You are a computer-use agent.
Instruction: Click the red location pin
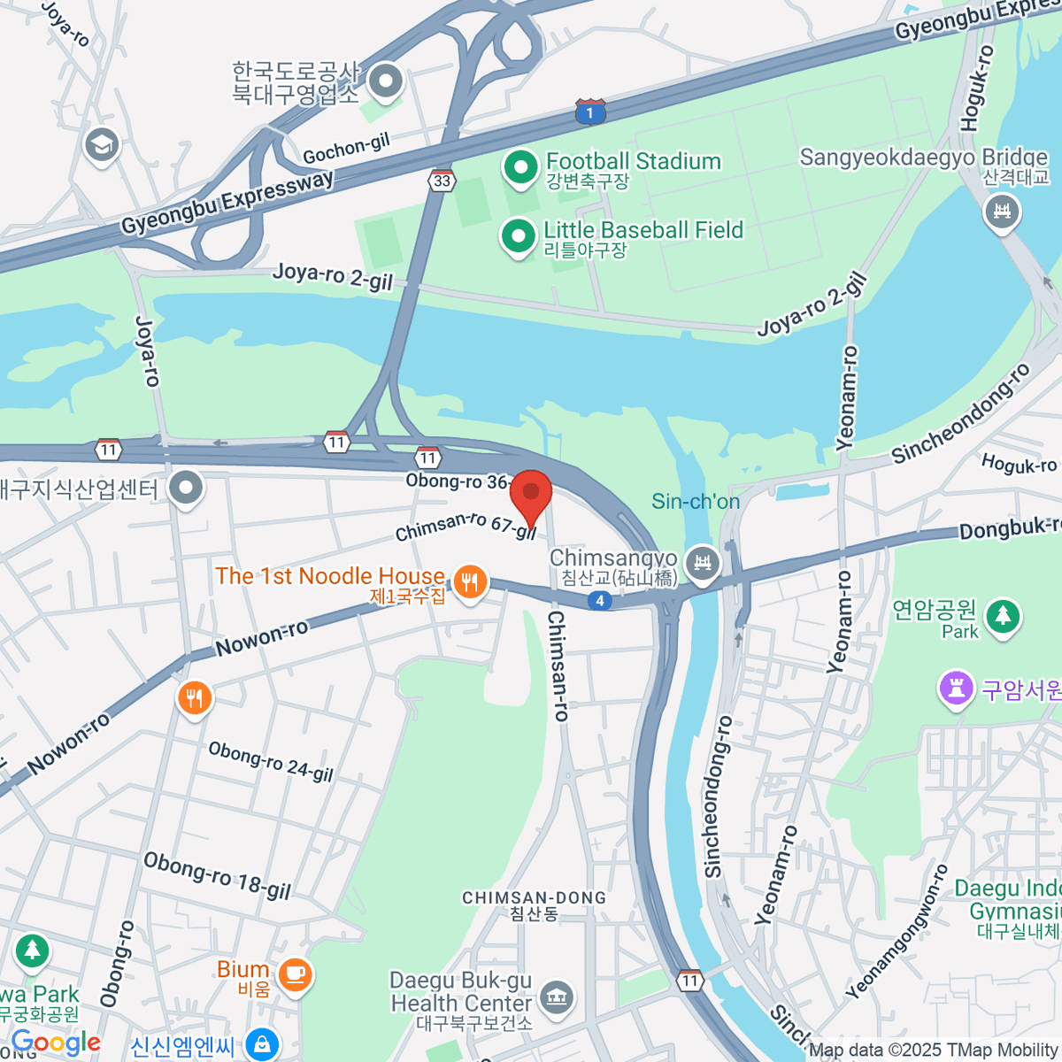531,494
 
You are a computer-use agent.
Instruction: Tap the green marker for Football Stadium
519,167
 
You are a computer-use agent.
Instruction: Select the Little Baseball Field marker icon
518,236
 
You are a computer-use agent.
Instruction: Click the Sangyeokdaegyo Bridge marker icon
1002,212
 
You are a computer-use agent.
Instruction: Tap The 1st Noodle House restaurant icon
470,582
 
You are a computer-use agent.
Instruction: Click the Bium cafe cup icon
295,974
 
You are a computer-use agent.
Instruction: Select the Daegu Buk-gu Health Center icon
557,997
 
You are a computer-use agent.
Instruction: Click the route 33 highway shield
442,181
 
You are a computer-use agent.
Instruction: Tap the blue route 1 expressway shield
590,112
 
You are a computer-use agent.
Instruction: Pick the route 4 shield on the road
600,601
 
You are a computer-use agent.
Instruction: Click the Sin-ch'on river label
696,502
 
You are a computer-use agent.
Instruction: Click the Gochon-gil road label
346,150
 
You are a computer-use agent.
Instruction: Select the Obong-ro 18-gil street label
217,876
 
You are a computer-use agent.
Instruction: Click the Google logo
56,1043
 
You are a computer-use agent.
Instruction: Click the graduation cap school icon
102,145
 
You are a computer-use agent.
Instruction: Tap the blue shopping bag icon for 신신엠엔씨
262,1044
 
